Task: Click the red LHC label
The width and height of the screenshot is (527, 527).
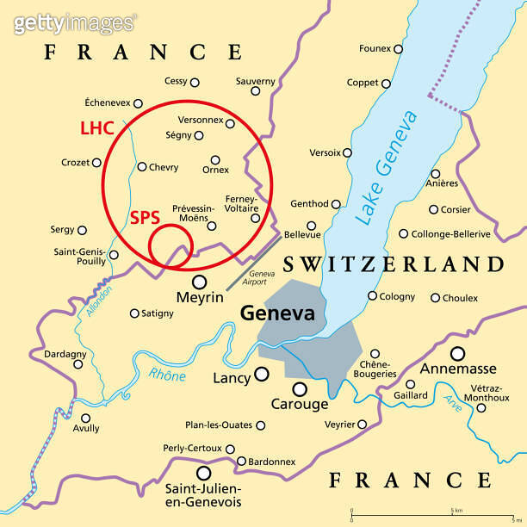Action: point(97,128)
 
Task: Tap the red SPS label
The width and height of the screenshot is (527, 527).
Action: point(146,218)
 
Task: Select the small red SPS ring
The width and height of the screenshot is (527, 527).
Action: point(168,246)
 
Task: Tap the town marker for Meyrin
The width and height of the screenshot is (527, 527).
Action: point(200,282)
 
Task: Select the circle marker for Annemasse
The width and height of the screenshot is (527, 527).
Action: point(457,353)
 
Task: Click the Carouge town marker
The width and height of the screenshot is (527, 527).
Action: point(300,389)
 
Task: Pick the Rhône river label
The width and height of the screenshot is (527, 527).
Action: point(167,374)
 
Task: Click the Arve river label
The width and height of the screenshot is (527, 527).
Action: point(453,401)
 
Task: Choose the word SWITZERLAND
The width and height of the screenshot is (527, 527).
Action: point(393,263)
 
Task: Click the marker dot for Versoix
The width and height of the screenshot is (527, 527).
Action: point(347,152)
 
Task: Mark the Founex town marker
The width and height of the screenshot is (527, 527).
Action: point(398,49)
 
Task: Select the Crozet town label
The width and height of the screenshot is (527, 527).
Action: point(75,162)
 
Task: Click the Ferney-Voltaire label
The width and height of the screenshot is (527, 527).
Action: point(240,203)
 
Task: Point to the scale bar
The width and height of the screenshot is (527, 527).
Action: point(435,515)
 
